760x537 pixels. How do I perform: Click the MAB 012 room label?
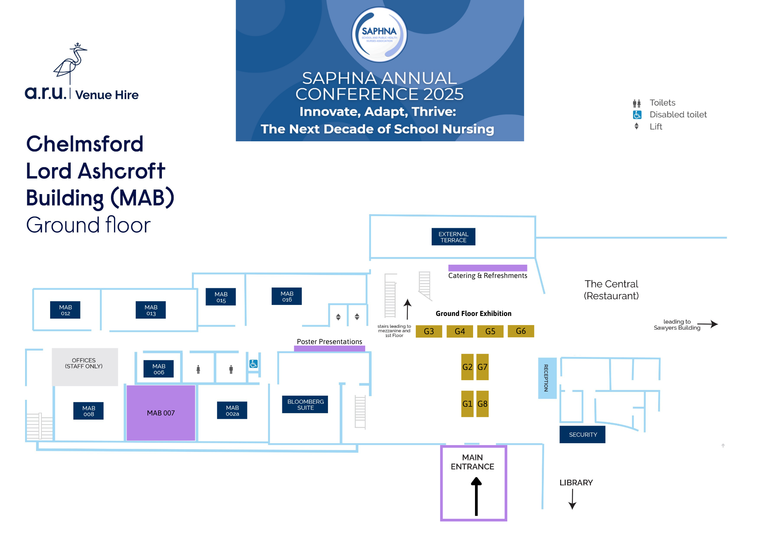65,310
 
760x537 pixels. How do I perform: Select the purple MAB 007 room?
161,413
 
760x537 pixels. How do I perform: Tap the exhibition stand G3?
429,331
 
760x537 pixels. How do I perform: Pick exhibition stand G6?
521,331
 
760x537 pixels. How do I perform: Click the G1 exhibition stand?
467,404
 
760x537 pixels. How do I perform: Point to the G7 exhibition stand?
483,367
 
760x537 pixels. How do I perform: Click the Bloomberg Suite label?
305,404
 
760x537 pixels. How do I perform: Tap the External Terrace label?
453,237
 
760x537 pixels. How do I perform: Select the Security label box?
583,434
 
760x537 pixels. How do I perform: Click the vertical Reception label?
547,378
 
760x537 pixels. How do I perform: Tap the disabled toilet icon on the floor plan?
253,364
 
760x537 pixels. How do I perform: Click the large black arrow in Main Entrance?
476,496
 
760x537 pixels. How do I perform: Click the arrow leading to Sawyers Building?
708,324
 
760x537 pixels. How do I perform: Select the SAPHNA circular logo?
379,35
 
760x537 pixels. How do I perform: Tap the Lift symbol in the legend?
636,126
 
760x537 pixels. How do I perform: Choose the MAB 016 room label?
287,296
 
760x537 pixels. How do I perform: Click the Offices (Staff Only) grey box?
85,366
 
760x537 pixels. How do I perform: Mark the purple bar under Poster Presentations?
329,348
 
